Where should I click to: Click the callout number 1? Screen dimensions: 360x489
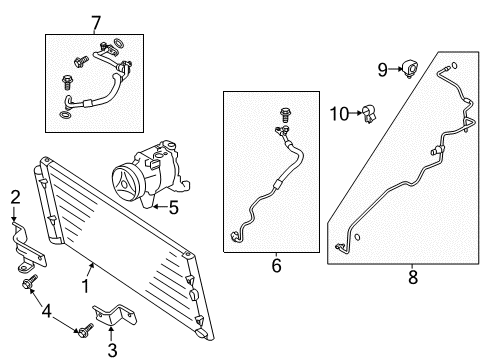pos(85,286)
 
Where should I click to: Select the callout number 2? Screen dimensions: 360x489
pos(14,195)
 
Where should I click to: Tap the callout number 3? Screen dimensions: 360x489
pos(111,348)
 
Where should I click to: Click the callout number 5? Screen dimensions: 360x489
pos(172,209)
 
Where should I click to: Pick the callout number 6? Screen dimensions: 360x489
pos(276,267)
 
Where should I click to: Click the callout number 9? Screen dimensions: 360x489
pos(382,69)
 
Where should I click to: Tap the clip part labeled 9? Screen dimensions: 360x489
pos(410,69)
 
